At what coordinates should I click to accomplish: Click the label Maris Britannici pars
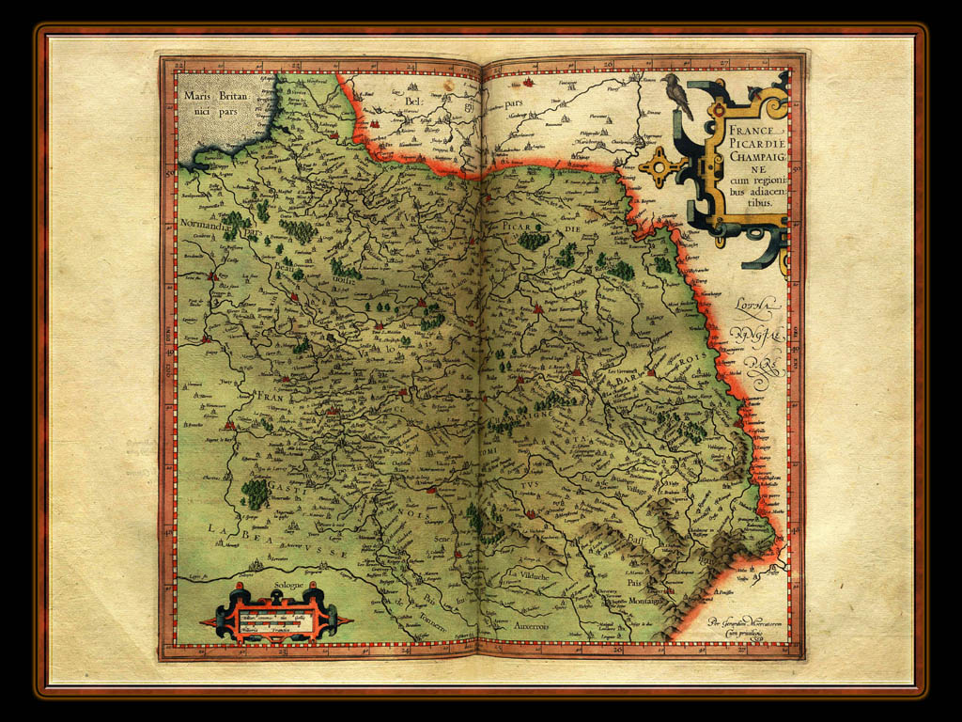pos(213,102)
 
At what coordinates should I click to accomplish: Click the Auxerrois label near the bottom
pos(536,624)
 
